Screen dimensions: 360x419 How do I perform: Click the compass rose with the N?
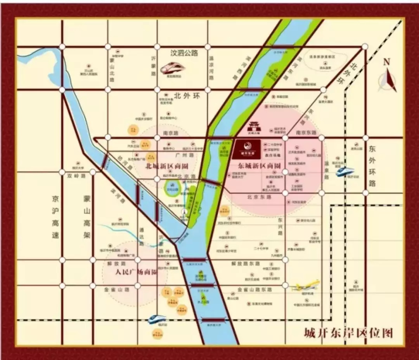388,79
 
